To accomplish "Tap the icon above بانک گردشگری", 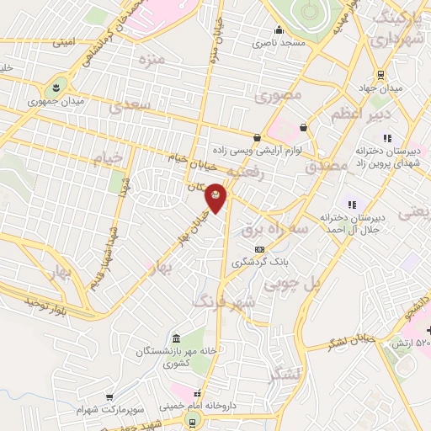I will (x=259, y=249).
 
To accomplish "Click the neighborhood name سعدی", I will (x=130, y=105).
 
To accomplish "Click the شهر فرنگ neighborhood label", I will (x=220, y=300).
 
